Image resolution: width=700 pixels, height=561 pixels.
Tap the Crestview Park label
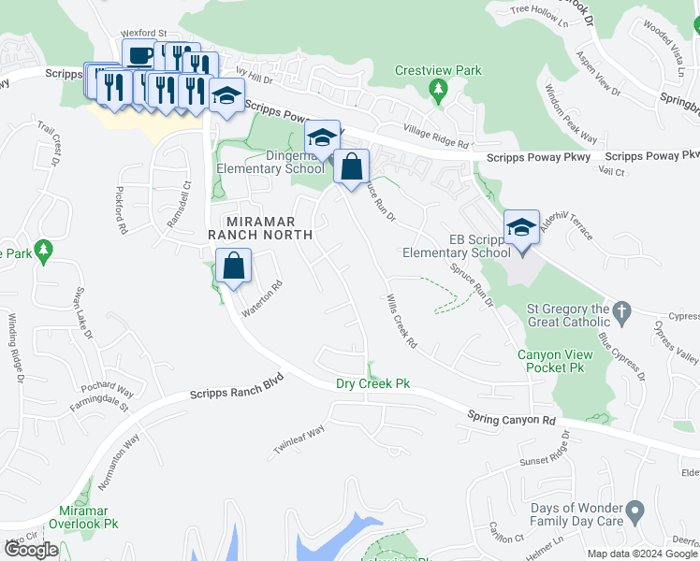pos(438,70)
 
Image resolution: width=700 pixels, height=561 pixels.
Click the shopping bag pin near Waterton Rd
pos(233,267)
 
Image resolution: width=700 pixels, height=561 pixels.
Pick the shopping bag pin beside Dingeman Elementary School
pos(351,168)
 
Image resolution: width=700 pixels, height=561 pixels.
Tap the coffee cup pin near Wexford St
pos(139,56)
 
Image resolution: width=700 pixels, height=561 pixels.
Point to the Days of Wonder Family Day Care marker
pos(634,512)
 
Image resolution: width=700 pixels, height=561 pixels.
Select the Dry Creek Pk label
pos(373,384)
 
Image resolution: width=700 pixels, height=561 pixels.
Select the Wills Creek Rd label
pos(401,323)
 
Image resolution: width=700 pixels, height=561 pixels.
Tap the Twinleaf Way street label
pos(299,436)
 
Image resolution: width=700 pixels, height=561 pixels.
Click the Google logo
pos(30,550)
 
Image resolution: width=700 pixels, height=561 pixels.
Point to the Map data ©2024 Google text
pos(643,554)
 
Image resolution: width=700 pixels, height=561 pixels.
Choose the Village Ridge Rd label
pos(435,137)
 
